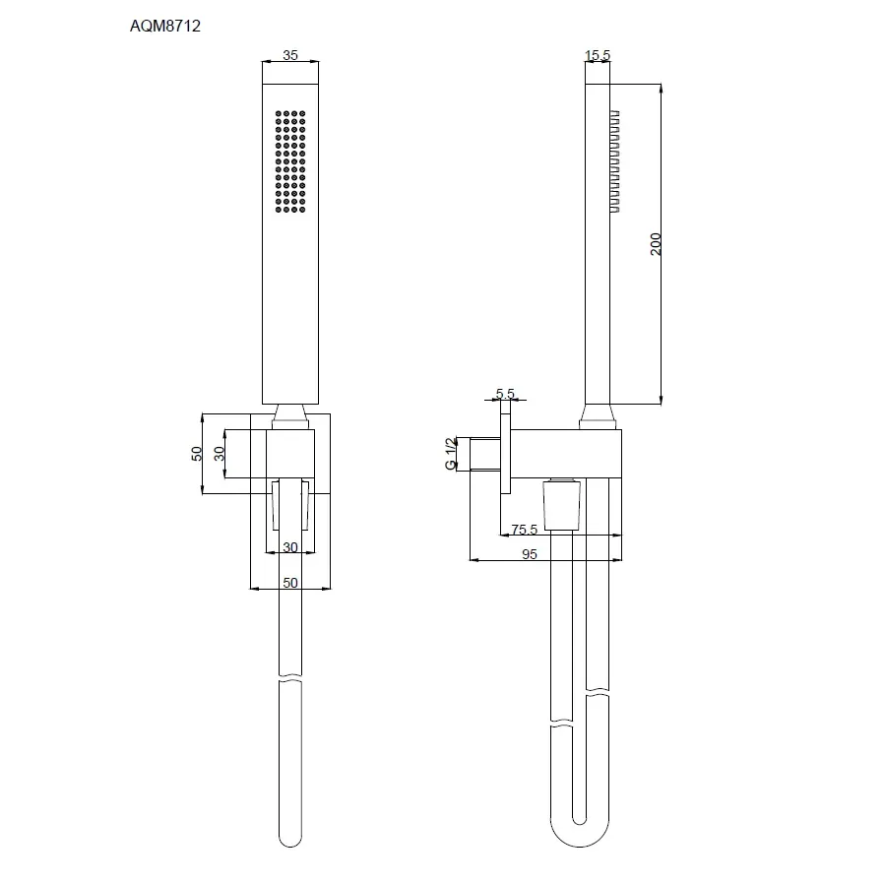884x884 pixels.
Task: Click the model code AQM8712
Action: [x=165, y=26]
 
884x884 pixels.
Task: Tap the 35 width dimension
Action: [x=290, y=55]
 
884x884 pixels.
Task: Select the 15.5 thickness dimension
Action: [x=598, y=55]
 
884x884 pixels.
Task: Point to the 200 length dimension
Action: [x=655, y=243]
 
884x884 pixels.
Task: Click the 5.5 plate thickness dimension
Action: [x=505, y=393]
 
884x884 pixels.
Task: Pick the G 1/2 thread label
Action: [x=451, y=453]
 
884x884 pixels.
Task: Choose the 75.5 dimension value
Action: [x=525, y=530]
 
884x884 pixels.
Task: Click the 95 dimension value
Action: [x=530, y=554]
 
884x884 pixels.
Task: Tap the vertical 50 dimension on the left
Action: [x=196, y=453]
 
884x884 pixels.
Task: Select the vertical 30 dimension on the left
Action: [x=220, y=453]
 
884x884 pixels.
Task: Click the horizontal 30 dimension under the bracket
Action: [x=290, y=547]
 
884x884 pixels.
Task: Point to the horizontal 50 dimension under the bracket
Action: [x=290, y=583]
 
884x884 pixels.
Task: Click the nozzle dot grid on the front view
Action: [x=290, y=161]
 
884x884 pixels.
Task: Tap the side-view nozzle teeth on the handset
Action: [x=615, y=161]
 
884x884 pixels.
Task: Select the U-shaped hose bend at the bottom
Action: [x=580, y=836]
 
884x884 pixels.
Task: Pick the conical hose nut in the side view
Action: [x=561, y=505]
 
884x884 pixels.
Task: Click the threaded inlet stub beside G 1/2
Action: [x=485, y=453]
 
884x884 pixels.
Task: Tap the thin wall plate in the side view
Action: [x=505, y=453]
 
